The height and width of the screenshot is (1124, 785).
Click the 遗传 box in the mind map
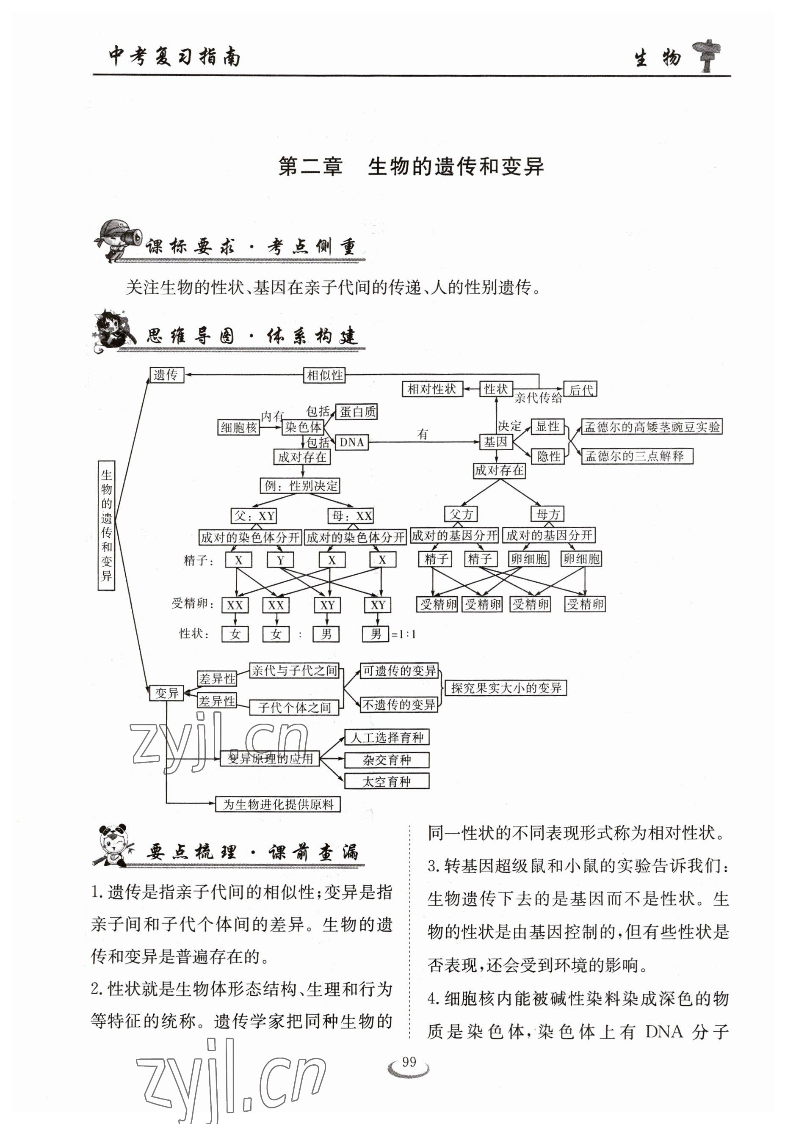166,375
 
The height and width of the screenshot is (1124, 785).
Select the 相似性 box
324,375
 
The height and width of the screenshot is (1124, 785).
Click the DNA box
351,443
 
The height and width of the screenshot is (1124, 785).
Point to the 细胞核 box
238,427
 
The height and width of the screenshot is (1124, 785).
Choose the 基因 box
495,442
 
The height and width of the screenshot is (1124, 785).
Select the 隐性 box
548,456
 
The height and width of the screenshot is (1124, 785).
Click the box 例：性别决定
300,486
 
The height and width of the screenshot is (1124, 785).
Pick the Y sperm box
280,560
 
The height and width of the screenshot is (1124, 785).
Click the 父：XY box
254,516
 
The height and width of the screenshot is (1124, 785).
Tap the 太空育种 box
387,781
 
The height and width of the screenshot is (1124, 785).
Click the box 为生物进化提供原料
278,804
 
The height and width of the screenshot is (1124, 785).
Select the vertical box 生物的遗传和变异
106,525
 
